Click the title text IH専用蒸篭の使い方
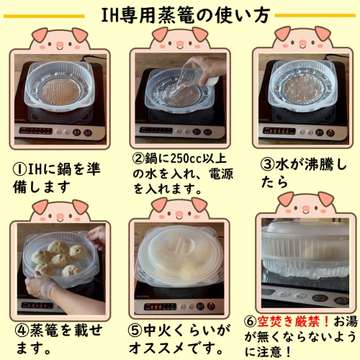[x=185, y=15]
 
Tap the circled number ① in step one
[x=20, y=170]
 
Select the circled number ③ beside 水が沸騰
[x=268, y=165]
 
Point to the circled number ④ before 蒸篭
[x=22, y=330]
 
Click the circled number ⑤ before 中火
[x=135, y=330]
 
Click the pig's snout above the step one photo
[x=59, y=45]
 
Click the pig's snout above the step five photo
[x=179, y=214]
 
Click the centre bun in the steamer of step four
[x=61, y=261]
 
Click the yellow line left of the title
[x=44, y=17]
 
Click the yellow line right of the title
[x=315, y=16]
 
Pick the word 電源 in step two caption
[x=221, y=174]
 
